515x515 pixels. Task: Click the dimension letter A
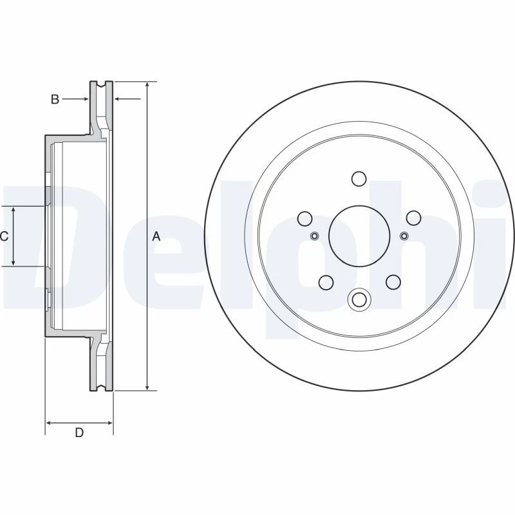[x=156, y=237]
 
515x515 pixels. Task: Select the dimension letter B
[x=55, y=99]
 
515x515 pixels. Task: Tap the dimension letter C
[x=4, y=237]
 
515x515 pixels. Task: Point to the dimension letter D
[x=79, y=433]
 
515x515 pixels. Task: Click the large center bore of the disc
[x=359, y=236]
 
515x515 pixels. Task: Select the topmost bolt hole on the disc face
[x=359, y=178]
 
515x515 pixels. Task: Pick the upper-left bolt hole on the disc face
[x=305, y=218]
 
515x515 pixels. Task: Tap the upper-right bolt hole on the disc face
[x=413, y=218]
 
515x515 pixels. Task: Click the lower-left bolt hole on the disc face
[x=326, y=281]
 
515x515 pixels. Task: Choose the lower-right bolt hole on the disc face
[x=393, y=281]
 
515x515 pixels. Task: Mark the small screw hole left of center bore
[x=314, y=236]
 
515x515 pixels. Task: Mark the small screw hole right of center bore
[x=404, y=236]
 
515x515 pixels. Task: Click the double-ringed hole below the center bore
[x=359, y=299]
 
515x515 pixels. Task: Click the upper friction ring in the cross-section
[x=100, y=106]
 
